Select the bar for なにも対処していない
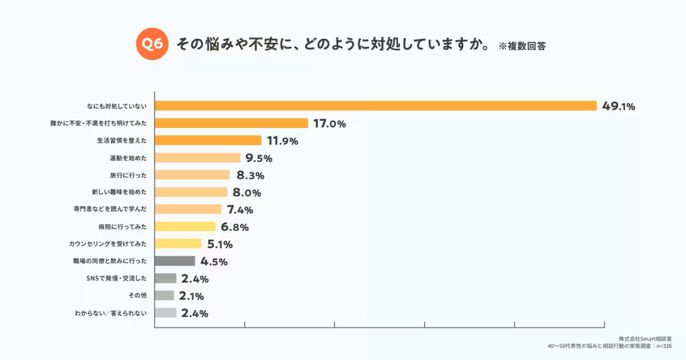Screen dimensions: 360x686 (376, 106)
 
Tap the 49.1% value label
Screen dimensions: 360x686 (619, 106)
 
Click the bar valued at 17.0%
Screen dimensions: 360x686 (232, 123)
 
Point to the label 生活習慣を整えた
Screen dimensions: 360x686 (122, 141)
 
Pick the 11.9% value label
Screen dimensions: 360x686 (282, 141)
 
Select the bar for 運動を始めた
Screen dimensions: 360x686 (198, 158)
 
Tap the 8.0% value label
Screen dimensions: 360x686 (247, 193)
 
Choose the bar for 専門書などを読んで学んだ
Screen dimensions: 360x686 (188, 209)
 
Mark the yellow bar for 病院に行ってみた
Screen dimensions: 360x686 (185, 226)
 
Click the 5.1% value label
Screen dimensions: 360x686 (220, 245)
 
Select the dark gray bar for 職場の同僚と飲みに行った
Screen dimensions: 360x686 (175, 261)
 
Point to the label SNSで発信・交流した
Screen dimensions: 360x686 (115, 278)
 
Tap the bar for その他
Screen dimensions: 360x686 (165, 295)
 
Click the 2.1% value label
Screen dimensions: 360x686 (192, 296)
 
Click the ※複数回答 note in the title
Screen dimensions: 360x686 (522, 46)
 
